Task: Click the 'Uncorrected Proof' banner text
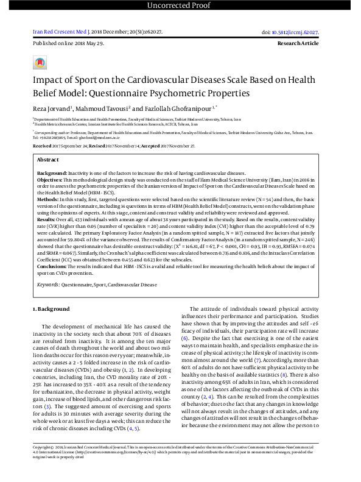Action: [180, 6]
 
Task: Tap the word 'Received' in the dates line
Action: [42, 146]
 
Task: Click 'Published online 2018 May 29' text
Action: [68, 44]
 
